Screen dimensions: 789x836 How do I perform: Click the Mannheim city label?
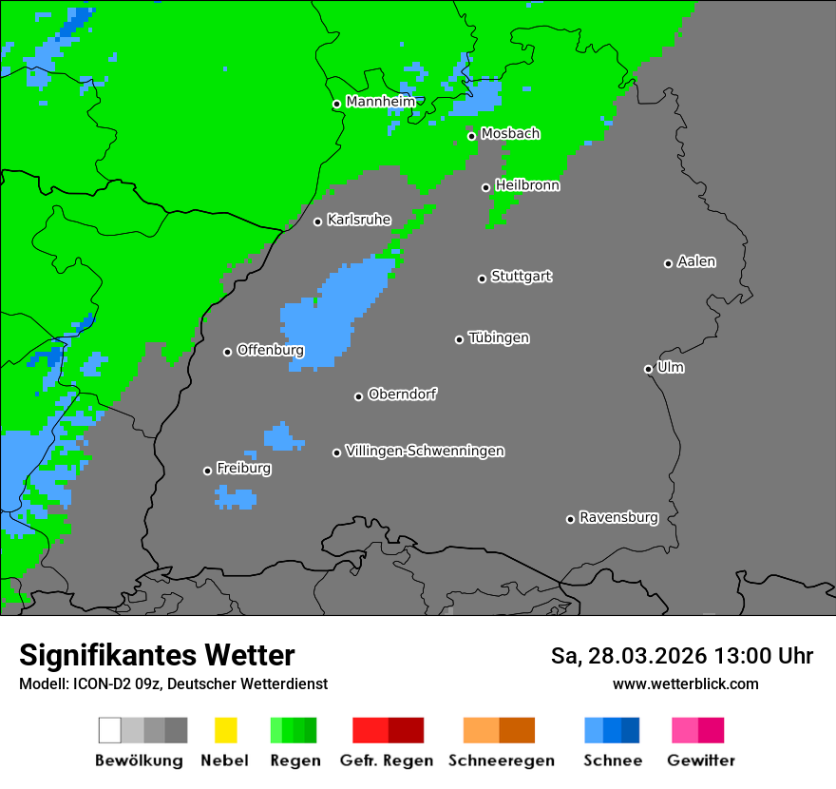(380, 102)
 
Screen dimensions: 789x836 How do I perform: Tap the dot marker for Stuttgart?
(482, 279)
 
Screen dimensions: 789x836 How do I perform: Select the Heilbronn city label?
(526, 185)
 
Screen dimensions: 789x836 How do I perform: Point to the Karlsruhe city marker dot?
(318, 221)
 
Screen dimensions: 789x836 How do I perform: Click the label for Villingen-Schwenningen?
(425, 451)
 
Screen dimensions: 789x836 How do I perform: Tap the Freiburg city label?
(243, 469)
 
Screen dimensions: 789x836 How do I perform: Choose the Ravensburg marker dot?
(570, 519)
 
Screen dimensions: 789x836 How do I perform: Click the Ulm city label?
(670, 367)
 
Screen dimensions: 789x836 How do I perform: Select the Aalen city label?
(696, 261)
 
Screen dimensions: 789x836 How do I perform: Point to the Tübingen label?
(499, 337)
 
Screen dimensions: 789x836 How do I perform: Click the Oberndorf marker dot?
(358, 396)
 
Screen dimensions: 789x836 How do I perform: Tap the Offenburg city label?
(270, 350)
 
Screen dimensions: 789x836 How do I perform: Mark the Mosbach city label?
(510, 134)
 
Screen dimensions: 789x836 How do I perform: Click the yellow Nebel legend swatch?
(225, 730)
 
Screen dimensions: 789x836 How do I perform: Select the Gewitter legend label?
(700, 760)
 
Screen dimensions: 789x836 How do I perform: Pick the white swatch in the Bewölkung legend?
(110, 730)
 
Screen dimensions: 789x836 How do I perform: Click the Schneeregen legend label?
(501, 760)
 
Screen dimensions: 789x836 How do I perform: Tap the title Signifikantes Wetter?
(157, 656)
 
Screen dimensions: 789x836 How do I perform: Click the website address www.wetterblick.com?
(685, 683)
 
